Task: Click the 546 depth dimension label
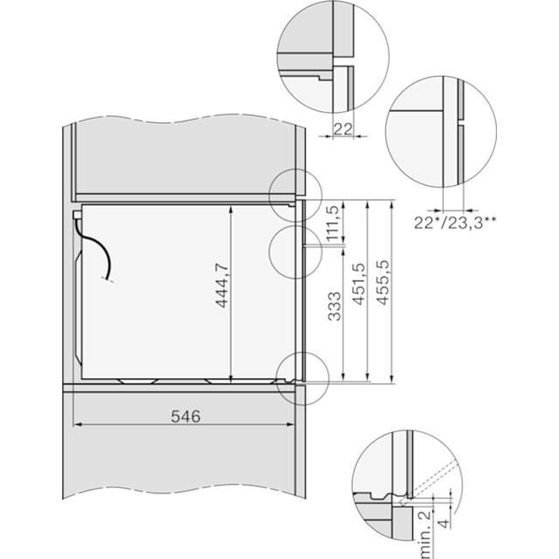tap(186, 416)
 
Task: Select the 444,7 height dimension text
tap(222, 286)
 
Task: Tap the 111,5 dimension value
tap(332, 224)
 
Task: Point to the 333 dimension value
tap(334, 307)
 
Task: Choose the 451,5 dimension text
tap(359, 284)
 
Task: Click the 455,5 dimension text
tap(383, 283)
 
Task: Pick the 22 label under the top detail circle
tap(343, 128)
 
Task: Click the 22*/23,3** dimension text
tap(454, 223)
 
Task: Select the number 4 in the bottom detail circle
tap(444, 523)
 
